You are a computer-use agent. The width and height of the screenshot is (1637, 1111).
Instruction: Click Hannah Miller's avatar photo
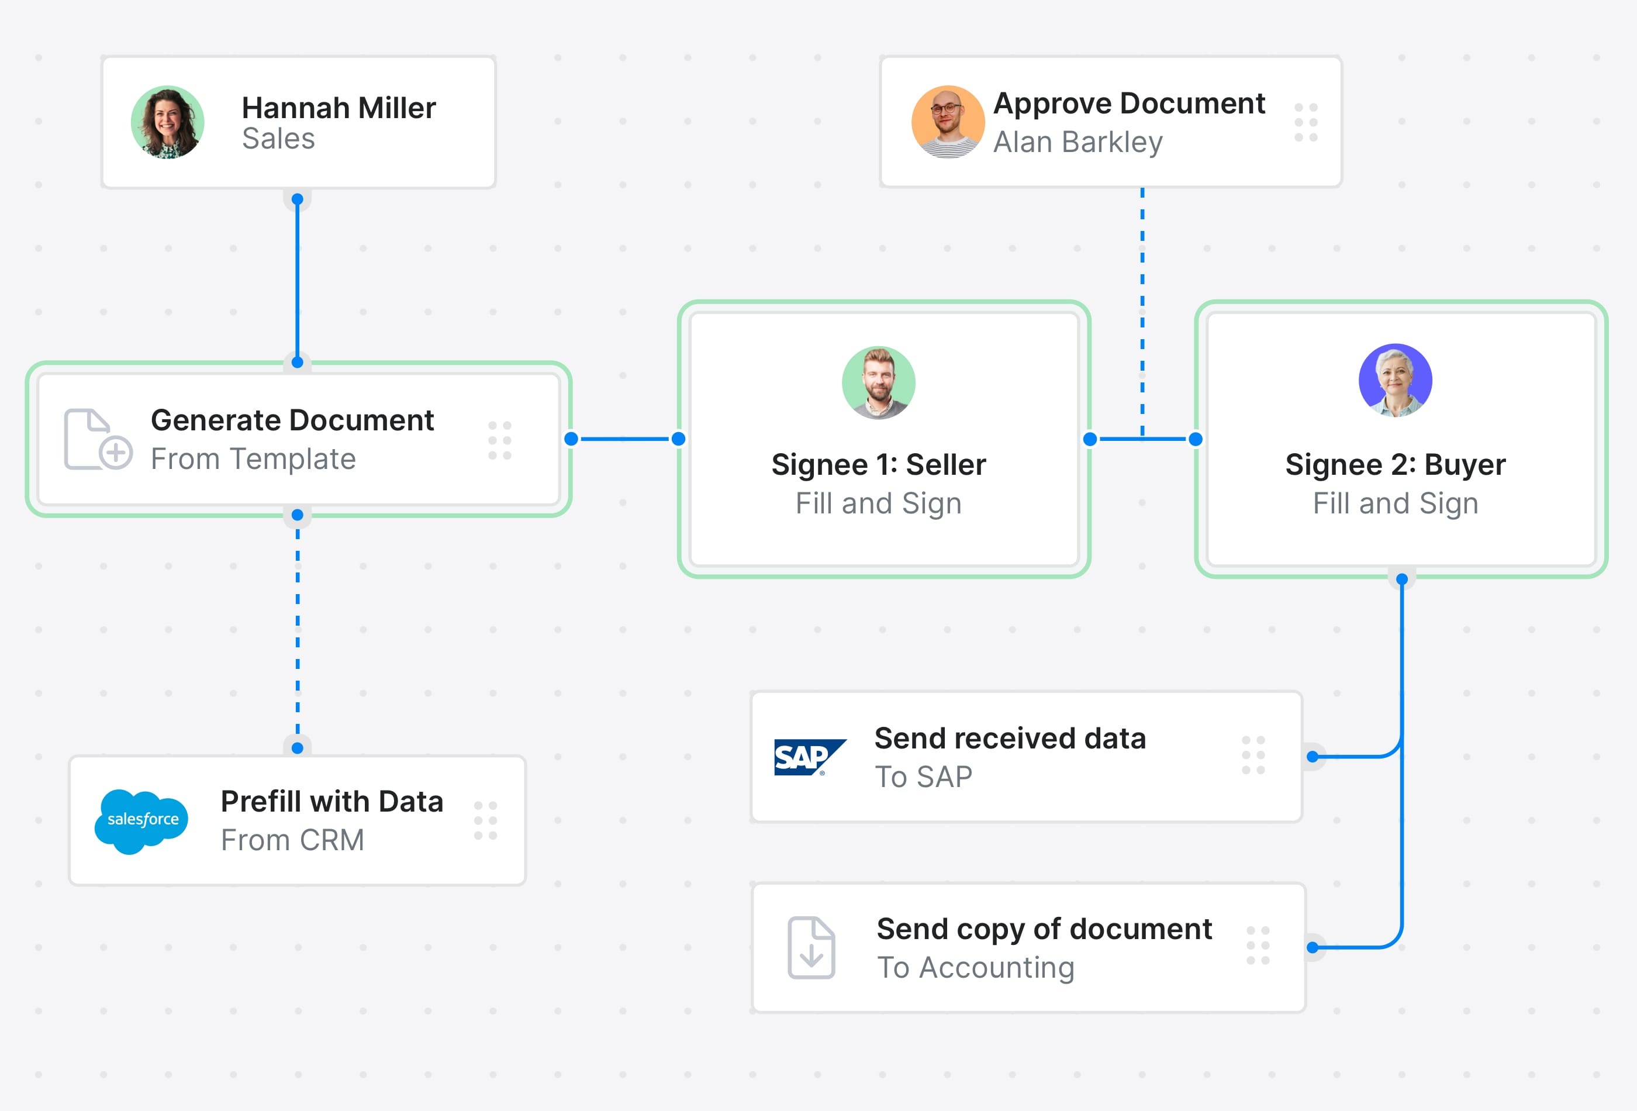coord(168,122)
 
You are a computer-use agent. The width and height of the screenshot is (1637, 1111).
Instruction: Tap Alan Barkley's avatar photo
coord(947,122)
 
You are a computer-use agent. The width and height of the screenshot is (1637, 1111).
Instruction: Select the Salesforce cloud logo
coord(141,820)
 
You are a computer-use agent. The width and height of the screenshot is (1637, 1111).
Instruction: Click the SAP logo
coord(809,757)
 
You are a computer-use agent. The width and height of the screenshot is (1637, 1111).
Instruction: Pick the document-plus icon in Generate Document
coord(97,439)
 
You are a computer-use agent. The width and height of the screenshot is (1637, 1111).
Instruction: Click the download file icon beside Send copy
coord(811,947)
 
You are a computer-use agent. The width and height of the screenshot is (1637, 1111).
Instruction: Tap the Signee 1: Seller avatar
coord(878,382)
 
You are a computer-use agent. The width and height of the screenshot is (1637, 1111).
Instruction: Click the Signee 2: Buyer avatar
coord(1395,381)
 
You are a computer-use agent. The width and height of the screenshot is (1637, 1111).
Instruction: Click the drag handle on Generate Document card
coord(499,440)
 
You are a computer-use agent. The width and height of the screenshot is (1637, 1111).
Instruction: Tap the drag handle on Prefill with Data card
coord(485,820)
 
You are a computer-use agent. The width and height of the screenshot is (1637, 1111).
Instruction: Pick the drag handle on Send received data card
coord(1253,755)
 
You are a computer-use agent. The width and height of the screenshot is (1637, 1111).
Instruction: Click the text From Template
coord(253,460)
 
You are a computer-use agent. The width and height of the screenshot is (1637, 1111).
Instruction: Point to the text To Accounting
coord(975,967)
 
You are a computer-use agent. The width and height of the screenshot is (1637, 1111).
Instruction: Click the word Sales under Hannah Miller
coord(278,139)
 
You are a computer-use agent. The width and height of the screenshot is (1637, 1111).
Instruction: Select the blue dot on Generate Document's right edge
coord(571,439)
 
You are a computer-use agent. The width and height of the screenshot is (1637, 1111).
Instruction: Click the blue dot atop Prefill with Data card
coord(297,747)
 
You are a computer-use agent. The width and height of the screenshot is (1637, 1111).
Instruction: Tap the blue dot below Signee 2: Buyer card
coord(1402,579)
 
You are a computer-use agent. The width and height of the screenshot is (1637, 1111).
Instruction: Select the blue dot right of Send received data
coord(1313,757)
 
